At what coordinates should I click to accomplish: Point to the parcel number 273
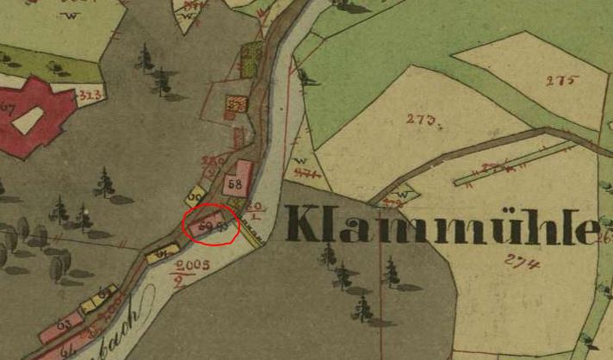[422, 120]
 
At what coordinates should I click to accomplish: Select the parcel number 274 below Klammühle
[522, 264]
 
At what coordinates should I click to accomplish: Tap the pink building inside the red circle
[207, 225]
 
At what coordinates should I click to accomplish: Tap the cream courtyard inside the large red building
[26, 120]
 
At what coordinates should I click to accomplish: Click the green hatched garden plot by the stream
[252, 59]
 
